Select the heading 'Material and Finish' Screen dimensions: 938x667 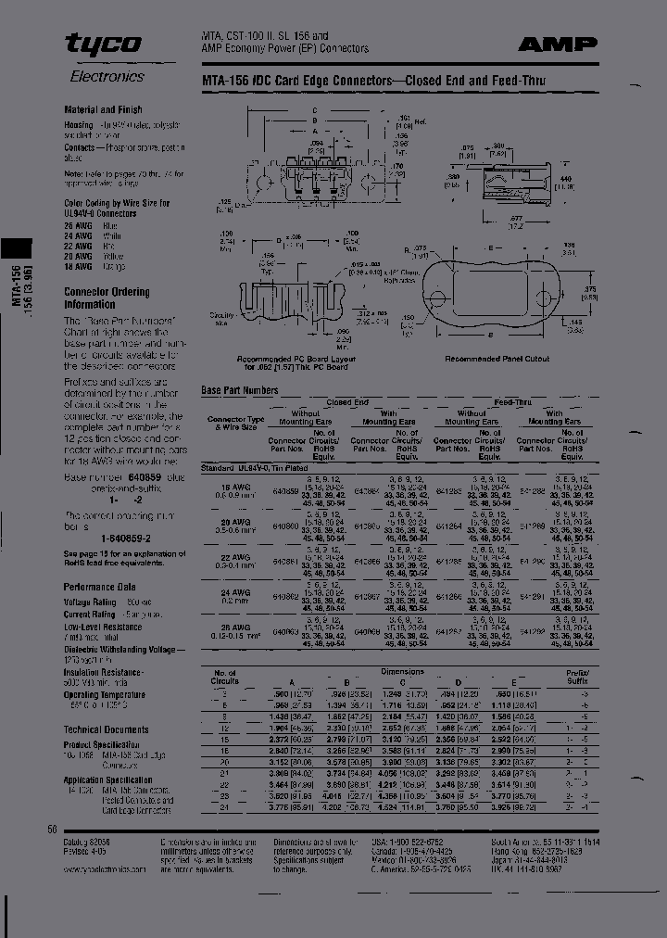pyautogui.click(x=103, y=109)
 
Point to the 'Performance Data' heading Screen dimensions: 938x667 pyautogui.click(x=99, y=587)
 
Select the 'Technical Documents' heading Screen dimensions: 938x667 pyautogui.click(x=106, y=729)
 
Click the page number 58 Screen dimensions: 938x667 pyautogui.click(x=52, y=830)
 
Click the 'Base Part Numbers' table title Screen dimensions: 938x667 pyautogui.click(x=239, y=390)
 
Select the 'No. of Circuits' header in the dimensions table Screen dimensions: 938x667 pyautogui.click(x=225, y=678)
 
